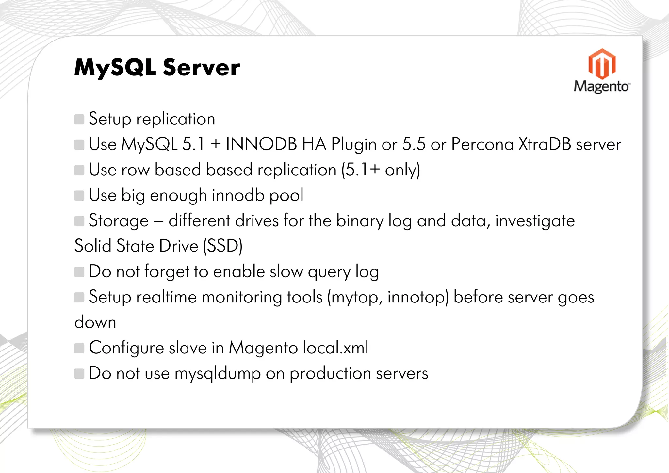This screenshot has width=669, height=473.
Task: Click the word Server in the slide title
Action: [x=201, y=68]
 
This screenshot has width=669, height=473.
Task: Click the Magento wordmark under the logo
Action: [x=601, y=87]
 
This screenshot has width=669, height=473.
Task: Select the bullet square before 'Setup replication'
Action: [x=79, y=119]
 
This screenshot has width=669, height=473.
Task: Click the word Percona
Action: [x=482, y=144]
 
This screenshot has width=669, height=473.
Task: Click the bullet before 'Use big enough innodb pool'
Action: [x=79, y=196]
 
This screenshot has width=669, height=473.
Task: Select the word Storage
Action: [x=119, y=221]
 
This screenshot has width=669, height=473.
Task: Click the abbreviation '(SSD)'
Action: [x=223, y=246]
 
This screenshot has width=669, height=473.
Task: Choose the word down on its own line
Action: [x=95, y=323]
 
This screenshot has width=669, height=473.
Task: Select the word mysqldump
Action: [x=218, y=373]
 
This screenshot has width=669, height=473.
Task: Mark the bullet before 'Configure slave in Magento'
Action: [x=79, y=348]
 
